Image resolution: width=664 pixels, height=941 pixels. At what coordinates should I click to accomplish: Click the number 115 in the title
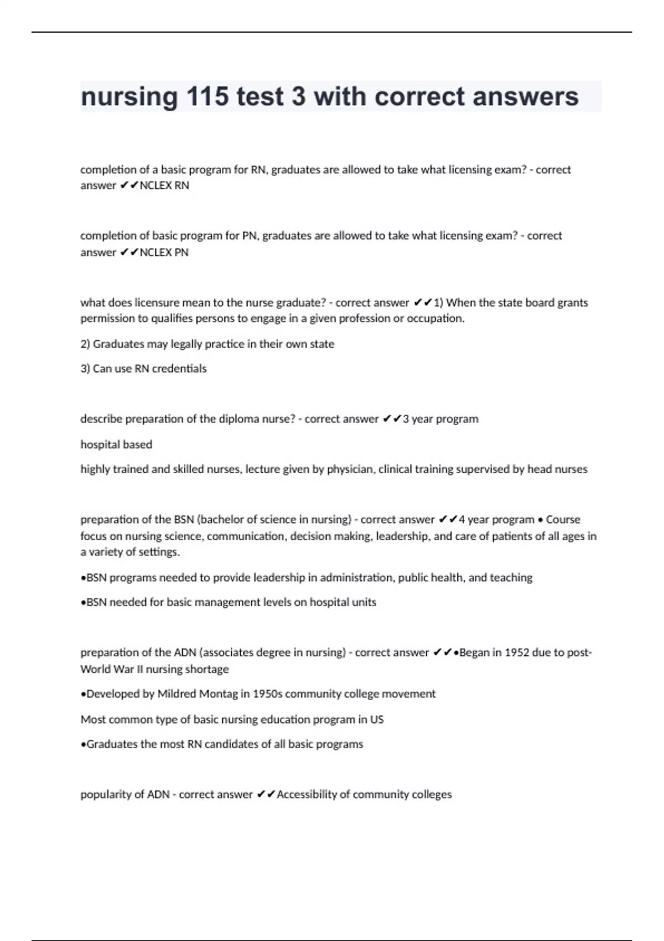[x=207, y=97]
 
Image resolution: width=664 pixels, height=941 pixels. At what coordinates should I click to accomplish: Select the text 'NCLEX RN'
[x=164, y=185]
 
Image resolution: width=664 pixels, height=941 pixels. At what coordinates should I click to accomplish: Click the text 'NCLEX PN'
[x=164, y=252]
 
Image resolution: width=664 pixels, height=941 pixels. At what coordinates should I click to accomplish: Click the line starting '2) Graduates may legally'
[x=207, y=344]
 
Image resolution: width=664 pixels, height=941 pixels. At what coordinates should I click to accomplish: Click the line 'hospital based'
[x=116, y=444]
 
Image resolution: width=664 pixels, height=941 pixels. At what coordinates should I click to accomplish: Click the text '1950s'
[x=267, y=694]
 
